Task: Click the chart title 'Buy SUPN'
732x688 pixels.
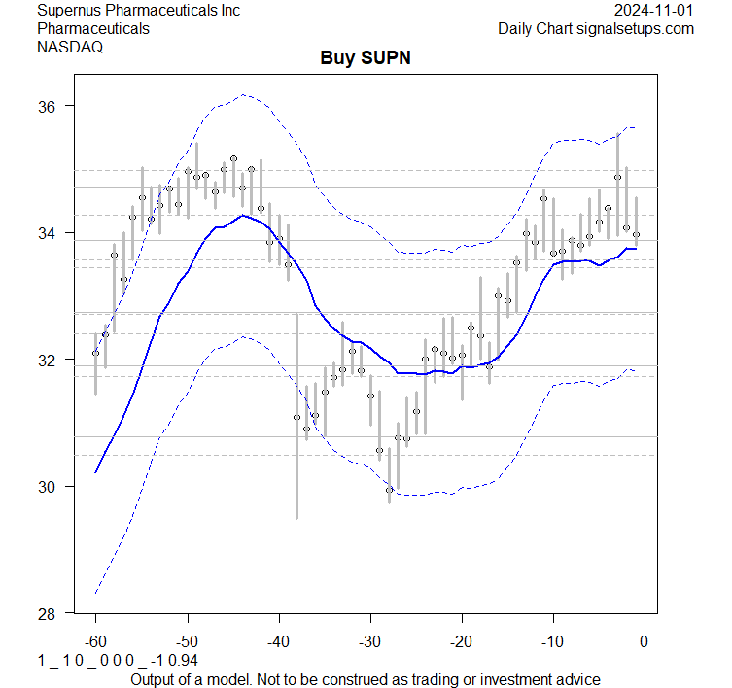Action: [x=366, y=57]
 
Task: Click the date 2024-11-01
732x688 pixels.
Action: [x=654, y=11]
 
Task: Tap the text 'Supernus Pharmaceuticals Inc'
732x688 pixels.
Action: [x=138, y=11]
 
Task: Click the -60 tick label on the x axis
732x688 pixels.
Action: [x=95, y=640]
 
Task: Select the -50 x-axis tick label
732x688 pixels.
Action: [x=187, y=640]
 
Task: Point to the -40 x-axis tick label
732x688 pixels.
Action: [x=278, y=640]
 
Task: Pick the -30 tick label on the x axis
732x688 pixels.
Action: [x=369, y=640]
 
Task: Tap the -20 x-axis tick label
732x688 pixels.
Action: [x=461, y=640]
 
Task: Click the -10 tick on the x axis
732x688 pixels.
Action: [x=552, y=640]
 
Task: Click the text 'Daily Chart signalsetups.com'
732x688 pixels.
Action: [x=596, y=29]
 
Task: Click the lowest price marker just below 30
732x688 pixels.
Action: [x=389, y=490]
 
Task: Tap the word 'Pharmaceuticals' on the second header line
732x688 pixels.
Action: [x=93, y=29]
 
